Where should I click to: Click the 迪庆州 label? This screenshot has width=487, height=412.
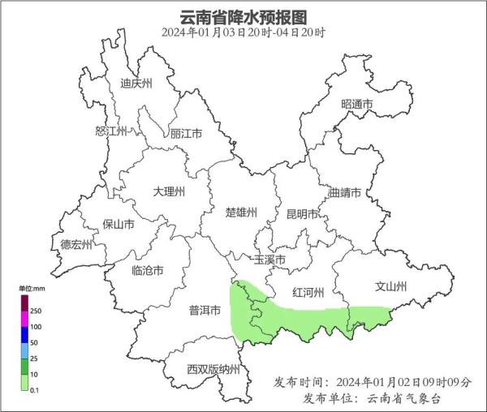tap(136, 83)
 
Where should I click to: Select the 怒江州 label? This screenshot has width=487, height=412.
tap(111, 131)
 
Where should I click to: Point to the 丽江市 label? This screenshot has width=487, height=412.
tap(186, 134)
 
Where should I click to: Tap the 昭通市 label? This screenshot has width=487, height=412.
tap(357, 105)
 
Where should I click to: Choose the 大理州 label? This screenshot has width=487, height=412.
tap(170, 191)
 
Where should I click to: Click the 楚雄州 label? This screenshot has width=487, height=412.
tap(241, 212)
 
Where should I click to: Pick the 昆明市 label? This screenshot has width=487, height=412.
tap(302, 214)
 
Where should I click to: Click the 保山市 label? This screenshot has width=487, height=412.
tap(119, 225)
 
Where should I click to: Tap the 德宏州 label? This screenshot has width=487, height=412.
tap(77, 244)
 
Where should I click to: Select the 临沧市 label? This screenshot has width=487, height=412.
tap(148, 270)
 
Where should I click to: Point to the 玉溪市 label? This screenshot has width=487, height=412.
tap(270, 260)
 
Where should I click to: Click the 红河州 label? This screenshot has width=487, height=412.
tap(308, 292)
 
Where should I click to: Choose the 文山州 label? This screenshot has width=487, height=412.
tap(390, 286)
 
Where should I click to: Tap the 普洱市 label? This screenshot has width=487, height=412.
tap(205, 310)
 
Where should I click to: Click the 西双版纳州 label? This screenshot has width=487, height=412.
tap(213, 369)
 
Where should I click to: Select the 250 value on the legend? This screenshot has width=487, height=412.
tap(36, 311)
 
